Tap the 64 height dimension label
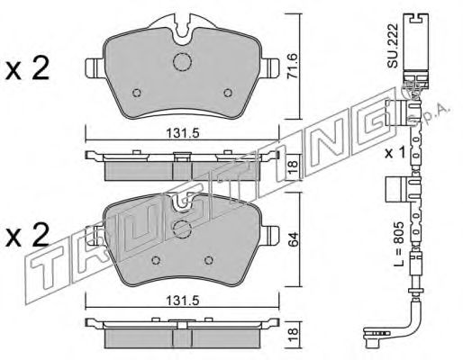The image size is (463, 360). tap(293, 238)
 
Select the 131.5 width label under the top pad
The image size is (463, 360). tap(182, 133)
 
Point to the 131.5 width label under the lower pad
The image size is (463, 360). tap(182, 301)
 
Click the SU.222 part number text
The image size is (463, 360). tap(392, 46)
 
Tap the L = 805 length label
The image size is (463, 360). tap(399, 245)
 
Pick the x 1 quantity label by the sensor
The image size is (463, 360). tap(395, 153)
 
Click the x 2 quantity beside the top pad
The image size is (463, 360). tap(27, 69)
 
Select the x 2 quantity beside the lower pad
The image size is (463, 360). tap(27, 235)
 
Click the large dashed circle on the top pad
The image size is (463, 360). tap(182, 62)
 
